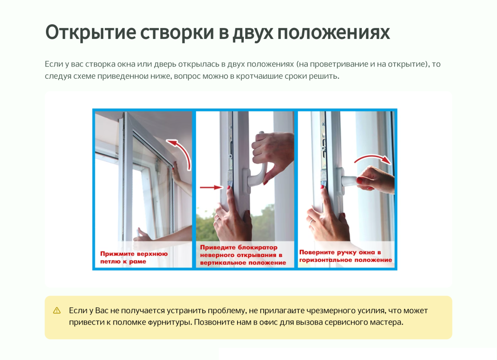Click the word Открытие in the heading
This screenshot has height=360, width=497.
(91, 32)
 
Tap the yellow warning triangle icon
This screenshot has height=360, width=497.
(57, 310)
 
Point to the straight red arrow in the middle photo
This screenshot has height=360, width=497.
(212, 187)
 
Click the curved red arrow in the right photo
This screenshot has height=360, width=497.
(373, 158)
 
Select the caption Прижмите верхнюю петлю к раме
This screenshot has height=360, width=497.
(134, 258)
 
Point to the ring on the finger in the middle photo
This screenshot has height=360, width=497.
(218, 219)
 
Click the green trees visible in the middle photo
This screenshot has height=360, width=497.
(206, 227)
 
